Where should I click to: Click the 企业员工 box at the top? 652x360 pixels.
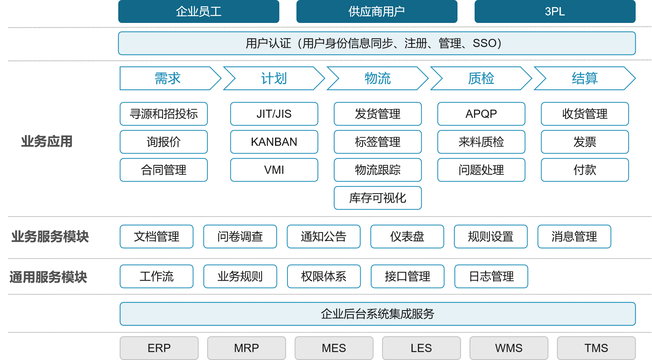coord(198,11)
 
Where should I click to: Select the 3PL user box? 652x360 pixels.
coord(555,11)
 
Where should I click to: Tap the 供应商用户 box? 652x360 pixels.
coord(377,11)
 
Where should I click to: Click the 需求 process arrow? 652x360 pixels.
coord(168,79)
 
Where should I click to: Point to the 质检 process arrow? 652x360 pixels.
coord(481,79)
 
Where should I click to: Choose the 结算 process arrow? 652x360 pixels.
coord(584,79)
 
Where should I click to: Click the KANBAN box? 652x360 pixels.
coord(274,142)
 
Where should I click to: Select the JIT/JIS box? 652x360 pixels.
coord(274,114)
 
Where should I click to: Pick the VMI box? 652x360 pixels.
coord(274,170)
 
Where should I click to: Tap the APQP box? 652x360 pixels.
coord(481,114)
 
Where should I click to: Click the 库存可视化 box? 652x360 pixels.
coord(377,198)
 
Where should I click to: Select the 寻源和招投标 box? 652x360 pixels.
coord(163,114)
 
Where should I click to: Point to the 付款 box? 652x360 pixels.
coord(584,170)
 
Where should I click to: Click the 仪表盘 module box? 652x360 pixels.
coord(407,236)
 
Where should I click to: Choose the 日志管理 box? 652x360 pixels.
coord(491,276)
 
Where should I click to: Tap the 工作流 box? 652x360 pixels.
coord(156,276)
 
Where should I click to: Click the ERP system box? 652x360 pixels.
coord(159,348)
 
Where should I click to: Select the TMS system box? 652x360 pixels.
coord(596,348)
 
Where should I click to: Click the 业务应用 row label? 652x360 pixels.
coord(47,142)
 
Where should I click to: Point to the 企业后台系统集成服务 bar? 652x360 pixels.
coord(377,314)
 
